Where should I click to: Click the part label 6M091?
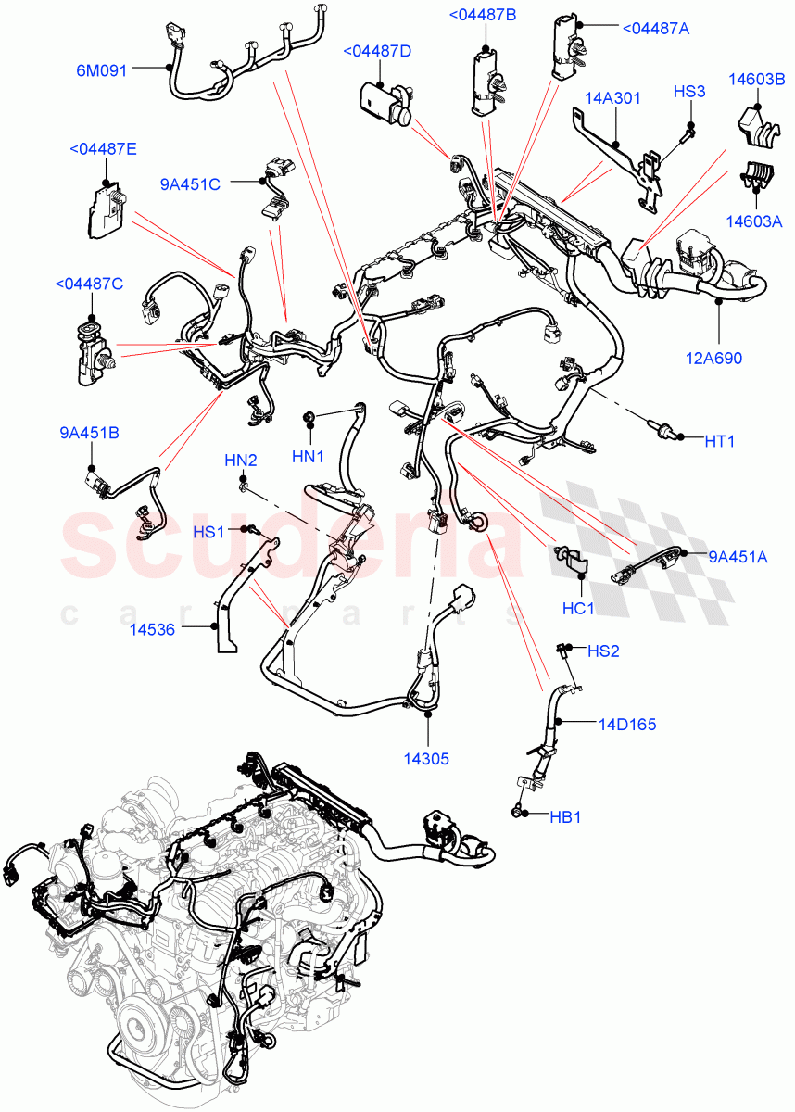[103, 68]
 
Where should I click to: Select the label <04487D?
[377, 51]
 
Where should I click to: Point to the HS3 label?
[689, 92]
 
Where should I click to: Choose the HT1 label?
[719, 442]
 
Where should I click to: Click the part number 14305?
[427, 758]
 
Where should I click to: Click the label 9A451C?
[190, 184]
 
